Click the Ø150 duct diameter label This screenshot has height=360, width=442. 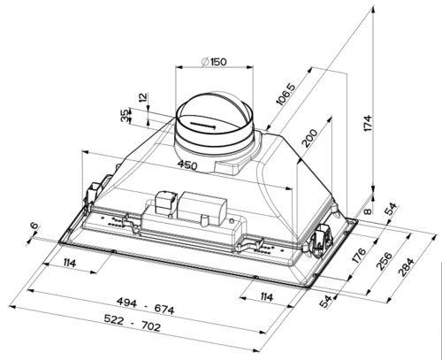tap(214, 62)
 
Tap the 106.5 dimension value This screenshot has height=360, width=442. tap(286, 94)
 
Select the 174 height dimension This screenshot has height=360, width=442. tap(368, 123)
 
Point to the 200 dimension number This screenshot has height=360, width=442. tap(310, 138)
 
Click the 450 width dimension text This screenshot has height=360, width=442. tap(187, 165)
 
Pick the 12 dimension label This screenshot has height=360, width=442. tap(142, 97)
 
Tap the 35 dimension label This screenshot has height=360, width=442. tap(125, 115)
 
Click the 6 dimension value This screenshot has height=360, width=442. tap(34, 226)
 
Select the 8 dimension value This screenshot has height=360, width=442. tap(367, 211)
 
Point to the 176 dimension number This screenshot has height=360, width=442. tap(359, 256)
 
